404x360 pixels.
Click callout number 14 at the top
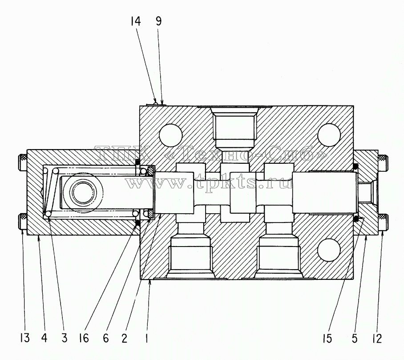pyautogui.click(x=135, y=21)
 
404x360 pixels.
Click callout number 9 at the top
pyautogui.click(x=158, y=21)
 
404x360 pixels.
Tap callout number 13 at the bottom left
pyautogui.click(x=25, y=338)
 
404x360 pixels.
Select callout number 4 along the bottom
pyautogui.click(x=44, y=338)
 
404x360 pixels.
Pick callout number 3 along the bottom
pyautogui.click(x=64, y=338)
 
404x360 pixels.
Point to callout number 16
pyautogui.click(x=84, y=338)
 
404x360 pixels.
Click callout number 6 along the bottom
pyautogui.click(x=105, y=338)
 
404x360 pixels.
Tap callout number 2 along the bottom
pyautogui.click(x=125, y=338)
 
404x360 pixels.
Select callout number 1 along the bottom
pyautogui.click(x=146, y=338)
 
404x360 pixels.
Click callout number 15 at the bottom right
pyautogui.click(x=327, y=338)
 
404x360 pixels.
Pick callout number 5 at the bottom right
pyautogui.click(x=355, y=338)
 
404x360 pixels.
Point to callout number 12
pyautogui.click(x=377, y=338)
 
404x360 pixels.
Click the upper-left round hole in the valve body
pyautogui.click(x=171, y=136)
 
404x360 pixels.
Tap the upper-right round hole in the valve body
pyautogui.click(x=329, y=135)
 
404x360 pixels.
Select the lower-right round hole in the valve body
pyautogui.click(x=329, y=250)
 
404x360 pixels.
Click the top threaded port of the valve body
pyautogui.click(x=234, y=127)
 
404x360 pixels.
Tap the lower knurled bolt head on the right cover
pyautogui.click(x=383, y=222)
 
